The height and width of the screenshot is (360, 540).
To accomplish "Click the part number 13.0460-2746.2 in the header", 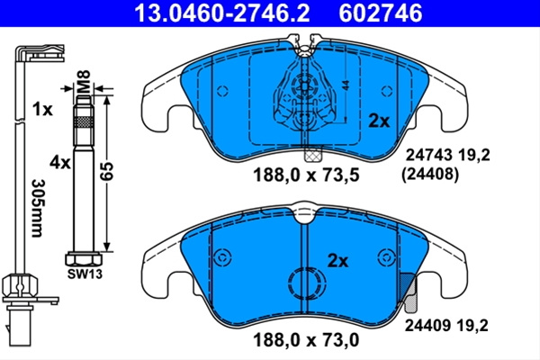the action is click(222, 13).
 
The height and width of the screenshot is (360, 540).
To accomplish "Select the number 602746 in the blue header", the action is click(380, 13).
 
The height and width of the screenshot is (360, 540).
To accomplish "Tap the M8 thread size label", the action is click(84, 81).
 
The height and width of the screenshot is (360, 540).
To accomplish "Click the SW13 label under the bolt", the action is click(85, 274).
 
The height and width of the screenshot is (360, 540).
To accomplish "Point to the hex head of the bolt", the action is click(84, 259).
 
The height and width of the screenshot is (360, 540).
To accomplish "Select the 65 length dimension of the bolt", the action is click(106, 170).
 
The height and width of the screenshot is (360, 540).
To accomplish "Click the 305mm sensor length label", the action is click(37, 208).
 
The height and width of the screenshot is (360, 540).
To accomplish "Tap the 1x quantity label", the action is click(42, 110).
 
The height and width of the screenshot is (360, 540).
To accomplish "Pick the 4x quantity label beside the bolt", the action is click(60, 162).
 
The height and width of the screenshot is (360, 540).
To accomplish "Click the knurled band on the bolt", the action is click(84, 122).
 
